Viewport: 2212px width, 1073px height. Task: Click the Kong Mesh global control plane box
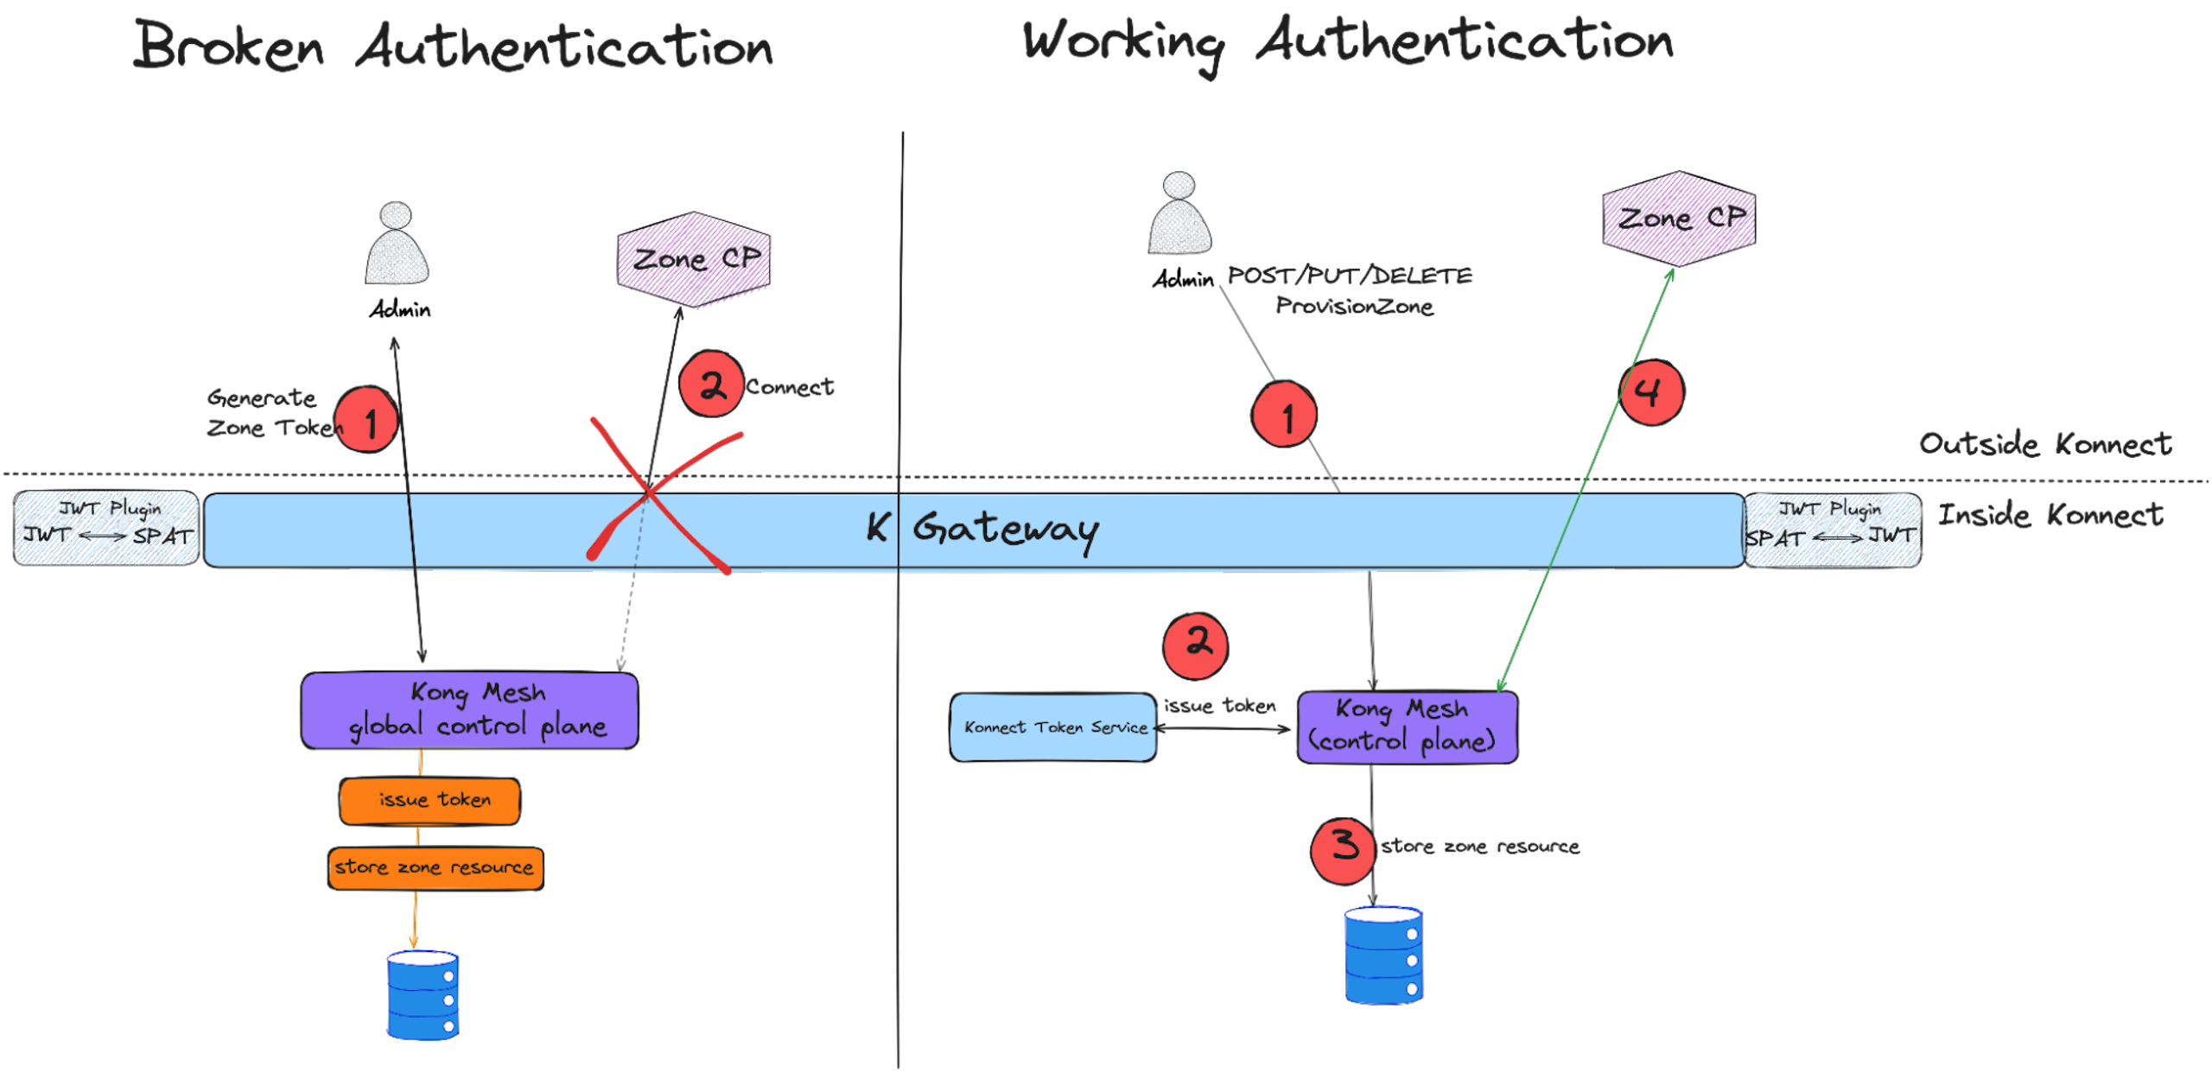(469, 710)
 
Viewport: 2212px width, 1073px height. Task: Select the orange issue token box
(430, 801)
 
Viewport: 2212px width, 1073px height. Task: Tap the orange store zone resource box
(435, 868)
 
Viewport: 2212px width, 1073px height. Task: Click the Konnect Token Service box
(1053, 727)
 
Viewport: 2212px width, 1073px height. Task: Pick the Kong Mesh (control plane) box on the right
(1407, 727)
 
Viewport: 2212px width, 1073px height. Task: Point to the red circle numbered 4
(1651, 393)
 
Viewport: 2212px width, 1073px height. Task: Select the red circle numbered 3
(1343, 849)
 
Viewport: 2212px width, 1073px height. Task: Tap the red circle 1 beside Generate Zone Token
(367, 421)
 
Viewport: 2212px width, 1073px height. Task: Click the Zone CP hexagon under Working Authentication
(1678, 219)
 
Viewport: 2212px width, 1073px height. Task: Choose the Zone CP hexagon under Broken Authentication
(694, 260)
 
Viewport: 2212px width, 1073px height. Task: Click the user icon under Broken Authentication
(397, 244)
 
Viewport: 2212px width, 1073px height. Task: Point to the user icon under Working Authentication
(1179, 214)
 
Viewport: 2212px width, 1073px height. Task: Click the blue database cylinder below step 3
(1383, 956)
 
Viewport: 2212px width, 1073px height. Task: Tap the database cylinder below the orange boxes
(423, 995)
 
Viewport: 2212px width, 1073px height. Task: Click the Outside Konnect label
(2044, 444)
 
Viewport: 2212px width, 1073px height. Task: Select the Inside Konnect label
(2050, 516)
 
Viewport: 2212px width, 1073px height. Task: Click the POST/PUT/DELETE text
(1350, 276)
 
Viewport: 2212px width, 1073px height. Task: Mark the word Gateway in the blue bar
(1005, 529)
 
